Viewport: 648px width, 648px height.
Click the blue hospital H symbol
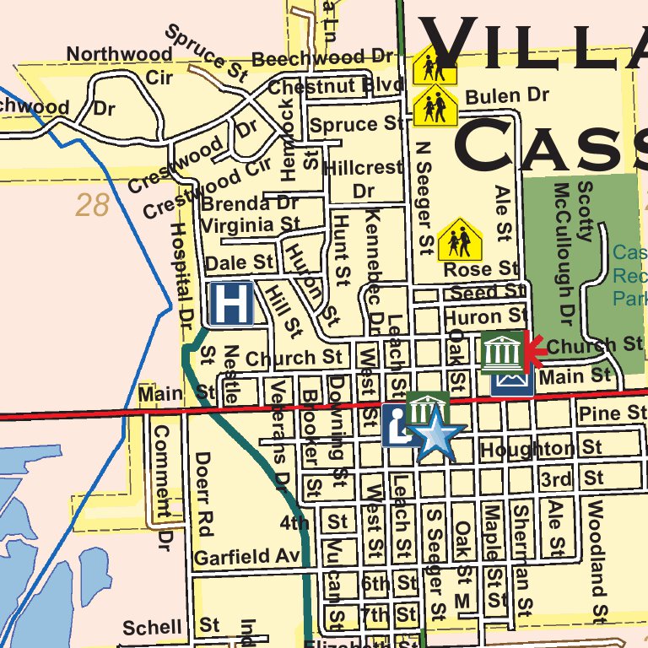(230, 303)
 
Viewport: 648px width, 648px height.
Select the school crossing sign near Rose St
(460, 240)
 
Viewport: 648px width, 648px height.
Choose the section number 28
(92, 205)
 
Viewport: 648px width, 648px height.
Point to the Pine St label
(613, 413)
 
